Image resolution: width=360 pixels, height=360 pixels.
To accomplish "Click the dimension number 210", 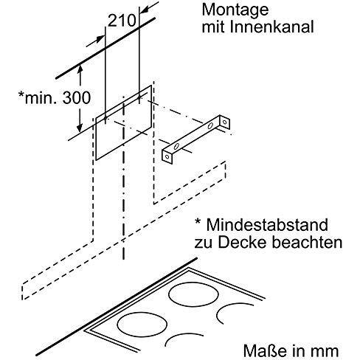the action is pos(122,21).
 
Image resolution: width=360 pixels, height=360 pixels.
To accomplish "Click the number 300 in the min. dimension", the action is pos(77,97).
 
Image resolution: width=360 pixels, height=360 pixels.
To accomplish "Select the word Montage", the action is pos(235,11).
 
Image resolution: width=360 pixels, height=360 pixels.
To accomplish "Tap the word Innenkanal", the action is pos(271,27).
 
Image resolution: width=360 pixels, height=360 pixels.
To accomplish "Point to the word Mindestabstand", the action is pos(267,224).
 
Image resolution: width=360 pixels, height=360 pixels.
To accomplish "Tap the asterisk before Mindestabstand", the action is pos(198,222).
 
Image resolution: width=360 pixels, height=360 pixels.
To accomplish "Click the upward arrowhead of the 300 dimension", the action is pos(80,70).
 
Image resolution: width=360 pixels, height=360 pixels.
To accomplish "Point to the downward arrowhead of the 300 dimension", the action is pos(79,128).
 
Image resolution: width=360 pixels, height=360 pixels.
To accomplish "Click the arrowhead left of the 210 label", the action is pos(100,39).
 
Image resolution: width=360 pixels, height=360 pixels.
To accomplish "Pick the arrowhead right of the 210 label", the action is pos(145,10).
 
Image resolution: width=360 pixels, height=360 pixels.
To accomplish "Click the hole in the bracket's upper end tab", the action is pos(224,122).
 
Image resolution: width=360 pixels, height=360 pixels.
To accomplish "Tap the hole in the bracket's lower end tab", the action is pos(167,156).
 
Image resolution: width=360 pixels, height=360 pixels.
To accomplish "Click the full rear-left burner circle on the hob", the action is pos(194,296).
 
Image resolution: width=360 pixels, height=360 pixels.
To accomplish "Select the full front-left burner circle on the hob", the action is pos(142,324).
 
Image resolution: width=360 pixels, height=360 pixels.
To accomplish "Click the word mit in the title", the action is pos(213,27).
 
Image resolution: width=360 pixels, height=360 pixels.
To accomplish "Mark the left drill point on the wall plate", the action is pos(105,119).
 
